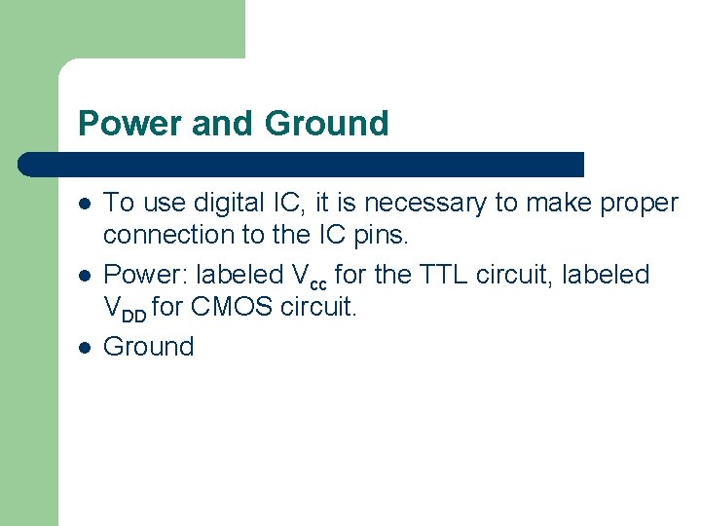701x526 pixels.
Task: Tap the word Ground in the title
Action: click(x=327, y=124)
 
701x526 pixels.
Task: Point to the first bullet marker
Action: click(x=84, y=204)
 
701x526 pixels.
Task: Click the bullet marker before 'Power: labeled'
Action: click(x=84, y=276)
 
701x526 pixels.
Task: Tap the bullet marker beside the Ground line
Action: click(x=84, y=348)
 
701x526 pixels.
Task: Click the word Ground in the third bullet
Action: click(x=149, y=347)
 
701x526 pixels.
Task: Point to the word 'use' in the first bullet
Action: click(x=159, y=204)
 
